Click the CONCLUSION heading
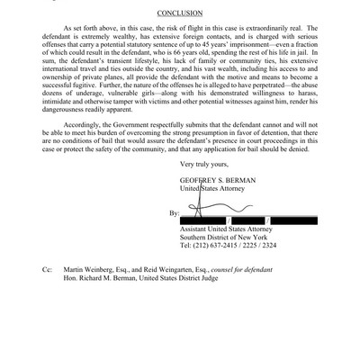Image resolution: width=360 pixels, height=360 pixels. click(180, 13)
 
